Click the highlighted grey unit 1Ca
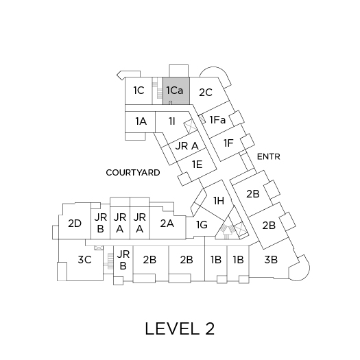click(x=176, y=91)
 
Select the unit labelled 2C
click(x=206, y=93)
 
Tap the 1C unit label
click(x=139, y=91)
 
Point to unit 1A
click(x=141, y=121)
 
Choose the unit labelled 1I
click(x=172, y=121)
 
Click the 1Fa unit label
click(x=217, y=120)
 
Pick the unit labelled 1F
click(x=228, y=143)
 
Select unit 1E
click(x=197, y=165)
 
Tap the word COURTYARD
click(x=133, y=173)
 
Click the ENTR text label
click(x=269, y=157)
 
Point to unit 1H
click(x=219, y=201)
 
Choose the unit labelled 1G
click(x=202, y=225)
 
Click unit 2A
click(x=167, y=224)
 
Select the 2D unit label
click(x=75, y=224)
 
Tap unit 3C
click(x=85, y=260)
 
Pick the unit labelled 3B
click(x=271, y=260)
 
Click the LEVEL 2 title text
click(x=180, y=328)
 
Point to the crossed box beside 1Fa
click(x=202, y=119)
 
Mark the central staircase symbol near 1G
click(x=227, y=230)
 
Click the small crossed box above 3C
click(x=99, y=248)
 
